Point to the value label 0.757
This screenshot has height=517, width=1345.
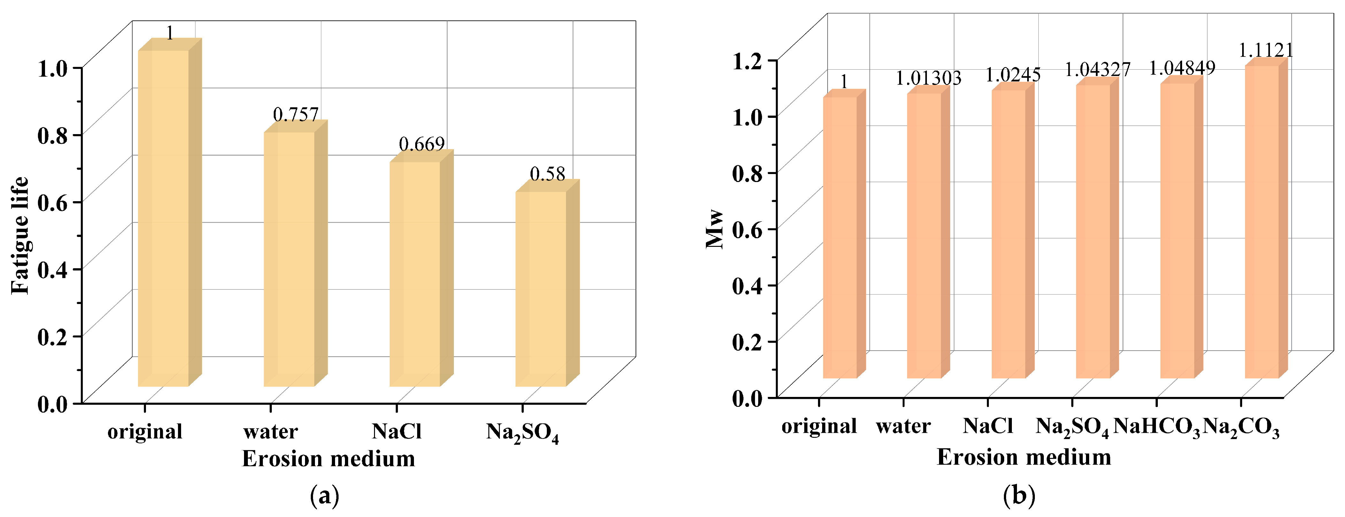[x=295, y=114]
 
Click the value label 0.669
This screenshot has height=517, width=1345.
[x=421, y=144]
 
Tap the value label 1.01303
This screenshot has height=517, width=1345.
[x=929, y=78]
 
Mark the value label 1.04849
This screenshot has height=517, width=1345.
[x=1182, y=68]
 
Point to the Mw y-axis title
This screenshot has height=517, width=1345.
[x=714, y=229]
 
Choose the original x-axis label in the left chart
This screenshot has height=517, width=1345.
[x=145, y=432]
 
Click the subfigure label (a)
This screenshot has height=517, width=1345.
[x=325, y=495]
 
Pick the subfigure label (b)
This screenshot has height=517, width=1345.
[x=1019, y=495]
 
